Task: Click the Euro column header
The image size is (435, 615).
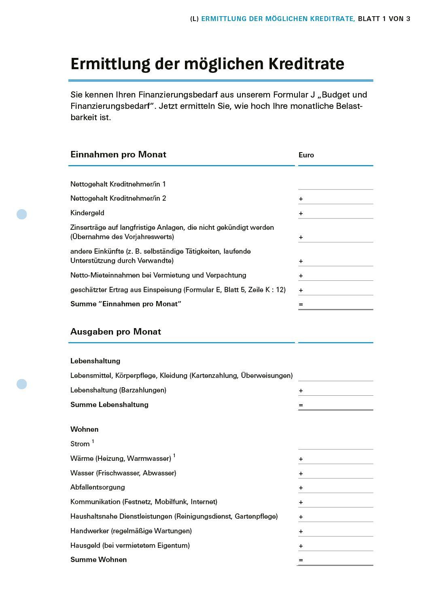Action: click(x=306, y=155)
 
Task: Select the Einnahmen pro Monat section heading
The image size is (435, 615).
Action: click(x=118, y=155)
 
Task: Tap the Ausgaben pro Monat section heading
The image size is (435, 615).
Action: click(x=115, y=332)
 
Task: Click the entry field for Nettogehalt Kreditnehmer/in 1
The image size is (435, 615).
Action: click(x=335, y=184)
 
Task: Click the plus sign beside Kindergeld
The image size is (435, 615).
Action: click(x=301, y=213)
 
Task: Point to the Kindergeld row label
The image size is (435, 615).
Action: click(x=87, y=213)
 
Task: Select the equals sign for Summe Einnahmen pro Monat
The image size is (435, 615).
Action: click(x=301, y=304)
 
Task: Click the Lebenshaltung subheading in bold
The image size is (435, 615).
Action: click(x=95, y=361)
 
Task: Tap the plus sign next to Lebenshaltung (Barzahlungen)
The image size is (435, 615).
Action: click(x=301, y=390)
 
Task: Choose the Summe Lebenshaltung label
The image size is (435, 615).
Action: click(x=109, y=405)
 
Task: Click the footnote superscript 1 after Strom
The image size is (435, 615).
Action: click(x=93, y=442)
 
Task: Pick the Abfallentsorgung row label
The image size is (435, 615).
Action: click(x=98, y=487)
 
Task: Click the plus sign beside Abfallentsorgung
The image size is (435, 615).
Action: click(x=301, y=488)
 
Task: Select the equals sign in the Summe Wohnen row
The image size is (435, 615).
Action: click(x=301, y=560)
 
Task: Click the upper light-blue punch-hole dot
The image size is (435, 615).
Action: click(x=22, y=214)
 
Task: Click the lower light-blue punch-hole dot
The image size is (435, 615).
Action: click(x=22, y=384)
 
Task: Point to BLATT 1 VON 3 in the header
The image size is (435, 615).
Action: click(x=384, y=19)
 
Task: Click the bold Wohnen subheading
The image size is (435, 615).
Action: click(x=84, y=429)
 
